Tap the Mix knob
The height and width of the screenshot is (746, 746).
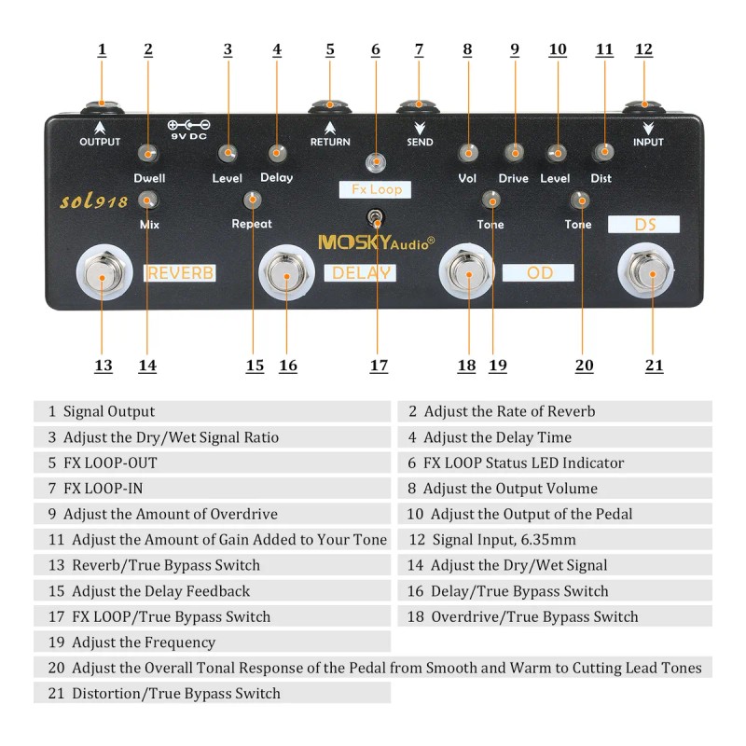(148, 200)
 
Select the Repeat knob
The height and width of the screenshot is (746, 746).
(253, 200)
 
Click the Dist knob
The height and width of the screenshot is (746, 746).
(604, 151)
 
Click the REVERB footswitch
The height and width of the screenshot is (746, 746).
(103, 273)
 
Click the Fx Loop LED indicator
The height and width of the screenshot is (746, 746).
(376, 162)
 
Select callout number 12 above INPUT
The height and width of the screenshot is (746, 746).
(643, 49)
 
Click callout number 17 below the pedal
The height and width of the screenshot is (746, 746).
(379, 366)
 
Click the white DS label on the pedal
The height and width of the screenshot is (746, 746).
(644, 225)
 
